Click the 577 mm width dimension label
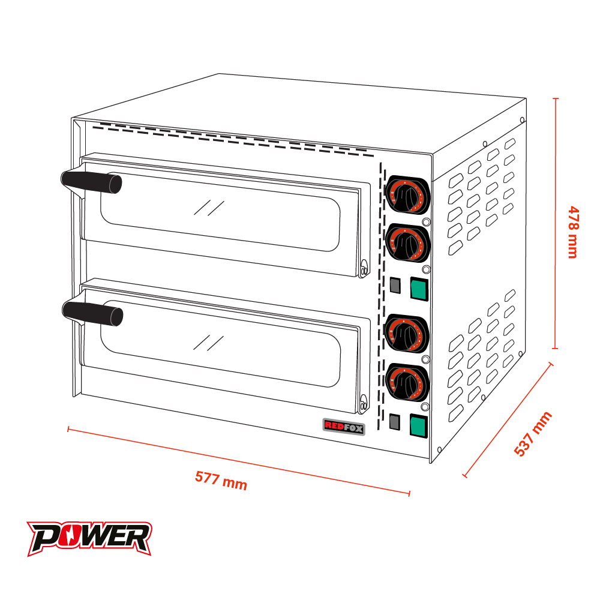221,481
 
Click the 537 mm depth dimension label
533,434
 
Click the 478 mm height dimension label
573,232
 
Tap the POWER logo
89,538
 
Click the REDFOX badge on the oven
344,427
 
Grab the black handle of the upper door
91,182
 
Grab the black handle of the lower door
92,313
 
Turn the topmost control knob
407,196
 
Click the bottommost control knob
407,382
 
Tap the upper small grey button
395,285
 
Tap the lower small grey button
394,422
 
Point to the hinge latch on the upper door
364,268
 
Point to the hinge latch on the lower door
364,404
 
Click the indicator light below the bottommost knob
425,406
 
